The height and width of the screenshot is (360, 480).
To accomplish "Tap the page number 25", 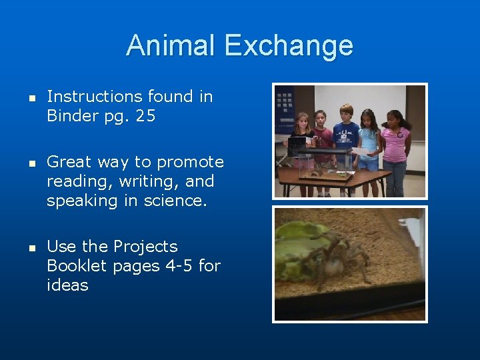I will [145, 116].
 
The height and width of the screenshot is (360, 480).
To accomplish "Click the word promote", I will [191, 162].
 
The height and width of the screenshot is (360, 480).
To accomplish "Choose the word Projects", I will [145, 247].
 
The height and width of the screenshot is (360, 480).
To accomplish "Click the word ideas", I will [67, 285].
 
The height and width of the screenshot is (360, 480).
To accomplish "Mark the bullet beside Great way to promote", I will [31, 163].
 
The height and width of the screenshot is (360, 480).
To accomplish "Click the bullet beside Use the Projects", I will [31, 247].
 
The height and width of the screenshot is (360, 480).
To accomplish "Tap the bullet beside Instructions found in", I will [31, 97].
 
